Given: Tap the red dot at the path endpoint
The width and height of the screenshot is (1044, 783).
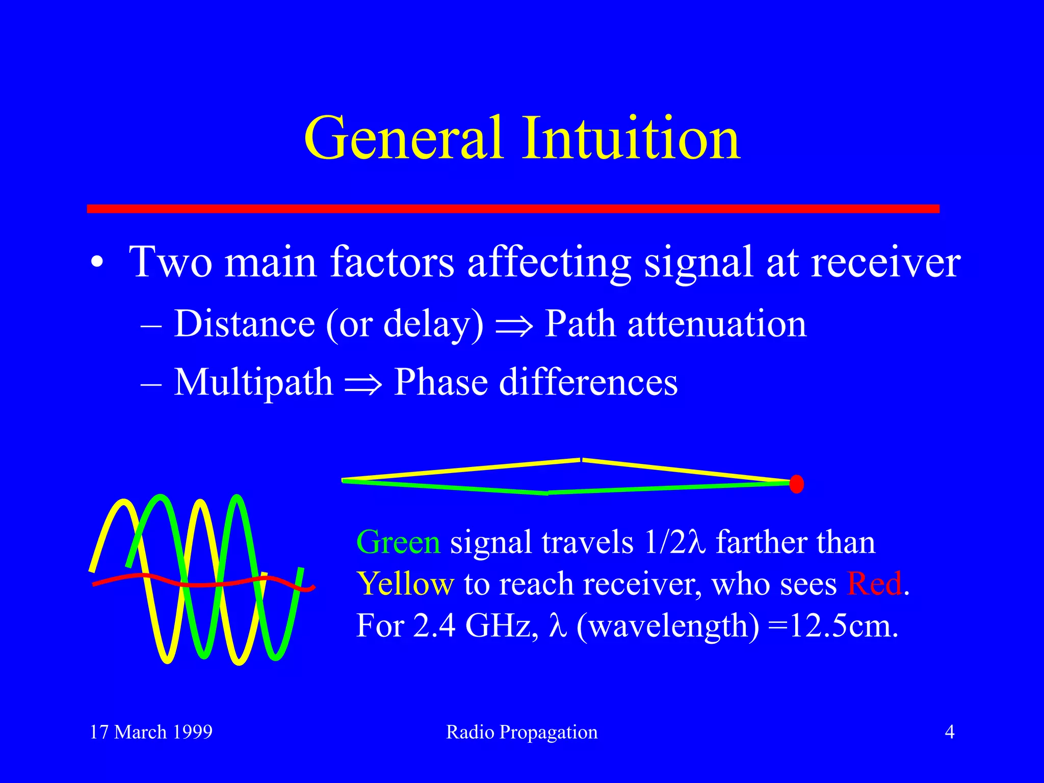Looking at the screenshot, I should click(797, 484).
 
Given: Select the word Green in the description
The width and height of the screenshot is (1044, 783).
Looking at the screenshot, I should click(398, 542).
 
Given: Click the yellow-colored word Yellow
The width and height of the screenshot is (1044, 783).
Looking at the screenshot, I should click(405, 584).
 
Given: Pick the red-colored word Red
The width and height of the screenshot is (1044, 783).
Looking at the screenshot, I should click(874, 584).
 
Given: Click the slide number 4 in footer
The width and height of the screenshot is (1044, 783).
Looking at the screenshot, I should click(949, 732).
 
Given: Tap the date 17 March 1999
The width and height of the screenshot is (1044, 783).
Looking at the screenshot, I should click(151, 732).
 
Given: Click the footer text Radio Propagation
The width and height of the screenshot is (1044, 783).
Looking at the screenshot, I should click(521, 732).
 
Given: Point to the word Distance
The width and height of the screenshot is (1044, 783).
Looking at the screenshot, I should click(245, 324).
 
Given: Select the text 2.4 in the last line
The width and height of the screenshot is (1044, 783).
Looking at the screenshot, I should click(434, 626).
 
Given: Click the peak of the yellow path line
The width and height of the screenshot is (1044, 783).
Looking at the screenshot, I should click(581, 460).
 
